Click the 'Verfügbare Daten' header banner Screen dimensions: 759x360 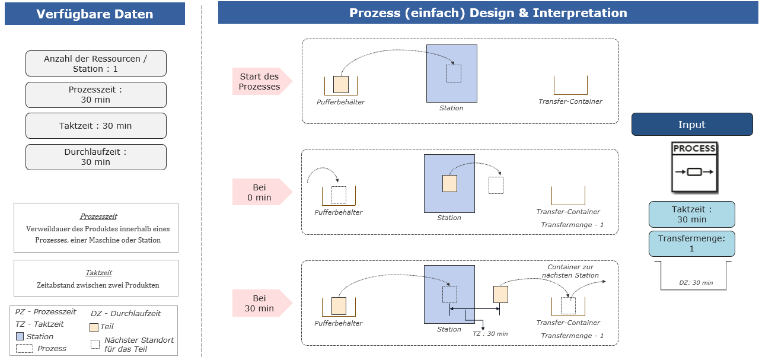click(x=95, y=14)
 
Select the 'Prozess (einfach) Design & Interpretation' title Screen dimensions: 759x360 click(x=488, y=12)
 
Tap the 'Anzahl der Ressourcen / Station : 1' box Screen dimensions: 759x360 click(x=96, y=63)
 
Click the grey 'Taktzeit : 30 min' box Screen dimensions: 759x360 click(x=96, y=126)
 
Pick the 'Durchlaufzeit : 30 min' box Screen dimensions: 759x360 click(x=96, y=157)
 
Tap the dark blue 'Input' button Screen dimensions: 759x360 click(x=692, y=125)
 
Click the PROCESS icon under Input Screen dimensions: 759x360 click(x=694, y=167)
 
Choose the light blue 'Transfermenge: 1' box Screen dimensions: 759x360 click(x=692, y=244)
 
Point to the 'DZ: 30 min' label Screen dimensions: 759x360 click(x=696, y=283)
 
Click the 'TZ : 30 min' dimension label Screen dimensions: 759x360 click(x=490, y=333)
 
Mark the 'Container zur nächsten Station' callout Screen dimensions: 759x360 click(x=570, y=271)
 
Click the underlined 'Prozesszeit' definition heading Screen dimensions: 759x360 click(x=98, y=216)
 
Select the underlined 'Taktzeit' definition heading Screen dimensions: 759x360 click(x=98, y=273)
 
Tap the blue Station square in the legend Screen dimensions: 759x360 click(x=20, y=336)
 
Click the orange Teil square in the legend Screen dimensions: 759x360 click(x=94, y=327)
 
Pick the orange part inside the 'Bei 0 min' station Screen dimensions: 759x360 click(x=449, y=184)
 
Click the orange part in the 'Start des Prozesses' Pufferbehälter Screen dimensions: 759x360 click(x=341, y=84)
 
